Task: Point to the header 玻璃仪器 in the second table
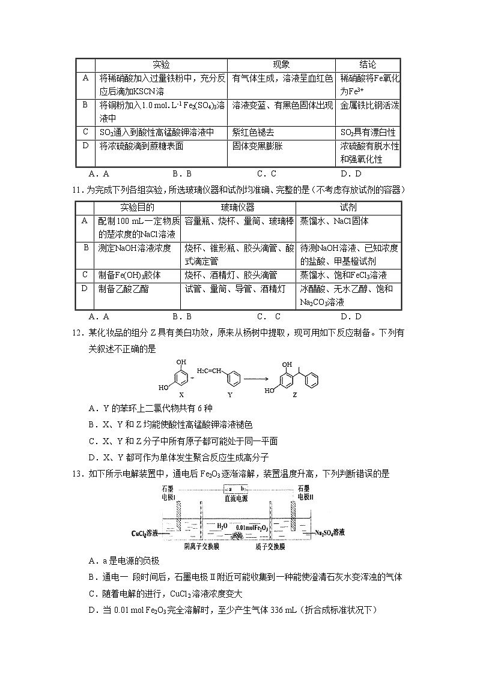click(x=237, y=208)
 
